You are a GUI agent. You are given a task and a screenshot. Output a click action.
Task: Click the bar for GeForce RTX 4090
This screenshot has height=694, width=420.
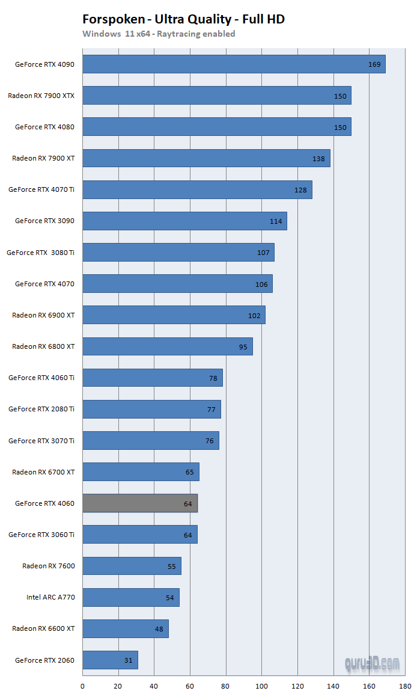[234, 64]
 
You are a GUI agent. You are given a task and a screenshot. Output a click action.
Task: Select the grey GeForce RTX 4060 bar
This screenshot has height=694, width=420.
[139, 503]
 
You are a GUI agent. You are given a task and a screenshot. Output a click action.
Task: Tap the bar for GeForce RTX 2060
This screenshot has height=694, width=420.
[110, 660]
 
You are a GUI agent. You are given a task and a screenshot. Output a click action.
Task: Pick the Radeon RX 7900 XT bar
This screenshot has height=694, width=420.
[206, 159]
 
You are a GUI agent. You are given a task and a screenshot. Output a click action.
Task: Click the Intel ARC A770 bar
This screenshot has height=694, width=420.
[130, 597]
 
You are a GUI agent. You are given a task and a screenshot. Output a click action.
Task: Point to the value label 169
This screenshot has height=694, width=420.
[374, 64]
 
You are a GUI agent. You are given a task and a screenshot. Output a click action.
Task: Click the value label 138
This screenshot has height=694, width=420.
[318, 159]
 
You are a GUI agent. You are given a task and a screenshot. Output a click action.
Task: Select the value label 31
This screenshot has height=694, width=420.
[128, 660]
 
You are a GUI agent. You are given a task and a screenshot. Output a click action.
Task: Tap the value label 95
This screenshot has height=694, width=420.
[243, 347]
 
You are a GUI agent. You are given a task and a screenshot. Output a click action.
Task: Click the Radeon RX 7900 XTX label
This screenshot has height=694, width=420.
[41, 96]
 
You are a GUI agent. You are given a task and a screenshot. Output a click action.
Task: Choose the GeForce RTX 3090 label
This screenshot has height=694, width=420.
[44, 221]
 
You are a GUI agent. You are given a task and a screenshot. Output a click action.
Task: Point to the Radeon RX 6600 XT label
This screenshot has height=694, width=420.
[43, 628]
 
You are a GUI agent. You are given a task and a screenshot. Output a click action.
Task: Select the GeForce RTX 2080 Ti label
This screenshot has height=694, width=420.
[41, 409]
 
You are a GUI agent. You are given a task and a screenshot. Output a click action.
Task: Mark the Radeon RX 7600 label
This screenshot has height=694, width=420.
[49, 566]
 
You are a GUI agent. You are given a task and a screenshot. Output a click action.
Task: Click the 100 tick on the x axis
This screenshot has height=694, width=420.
[261, 685]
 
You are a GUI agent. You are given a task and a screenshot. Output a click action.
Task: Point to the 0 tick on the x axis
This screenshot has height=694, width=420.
[82, 685]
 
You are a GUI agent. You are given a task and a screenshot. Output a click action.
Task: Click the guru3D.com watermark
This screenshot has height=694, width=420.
[372, 663]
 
